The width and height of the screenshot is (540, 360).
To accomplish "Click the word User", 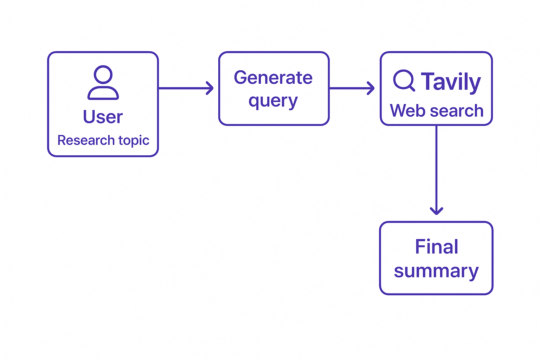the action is pyautogui.click(x=103, y=117).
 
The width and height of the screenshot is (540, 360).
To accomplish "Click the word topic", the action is pyautogui.click(x=134, y=141).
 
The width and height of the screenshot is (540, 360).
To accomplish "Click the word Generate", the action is pyautogui.click(x=273, y=78).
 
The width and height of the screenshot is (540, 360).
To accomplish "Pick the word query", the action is pyautogui.click(x=273, y=101).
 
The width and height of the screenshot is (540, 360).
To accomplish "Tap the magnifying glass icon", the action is pyautogui.click(x=404, y=81).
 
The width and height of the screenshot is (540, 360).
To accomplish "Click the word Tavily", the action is pyautogui.click(x=451, y=82).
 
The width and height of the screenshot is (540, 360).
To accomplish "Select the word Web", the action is pyautogui.click(x=408, y=111).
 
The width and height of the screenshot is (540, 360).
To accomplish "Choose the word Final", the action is pyautogui.click(x=436, y=246).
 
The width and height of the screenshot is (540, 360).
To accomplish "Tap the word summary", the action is pyautogui.click(x=436, y=272).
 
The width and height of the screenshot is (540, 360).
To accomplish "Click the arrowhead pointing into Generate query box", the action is pyautogui.click(x=210, y=88).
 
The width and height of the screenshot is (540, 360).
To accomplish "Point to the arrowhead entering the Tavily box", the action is pyautogui.click(x=371, y=88).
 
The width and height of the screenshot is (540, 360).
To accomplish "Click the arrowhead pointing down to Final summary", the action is pyautogui.click(x=437, y=211).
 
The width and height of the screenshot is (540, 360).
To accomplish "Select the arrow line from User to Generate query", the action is pyautogui.click(x=186, y=88).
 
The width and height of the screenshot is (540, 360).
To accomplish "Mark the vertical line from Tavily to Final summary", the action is pyautogui.click(x=437, y=170).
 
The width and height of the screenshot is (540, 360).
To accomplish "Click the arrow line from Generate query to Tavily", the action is pyautogui.click(x=352, y=88).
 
